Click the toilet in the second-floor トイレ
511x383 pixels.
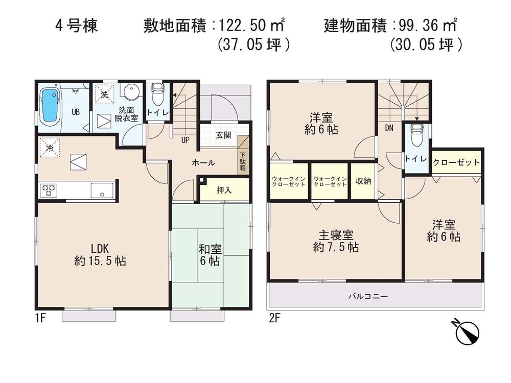tap(416, 135)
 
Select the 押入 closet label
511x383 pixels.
tap(224, 190)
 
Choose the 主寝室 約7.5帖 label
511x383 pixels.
tap(335, 242)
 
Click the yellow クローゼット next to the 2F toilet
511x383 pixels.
tap(456, 162)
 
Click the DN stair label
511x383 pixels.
tap(389, 128)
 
